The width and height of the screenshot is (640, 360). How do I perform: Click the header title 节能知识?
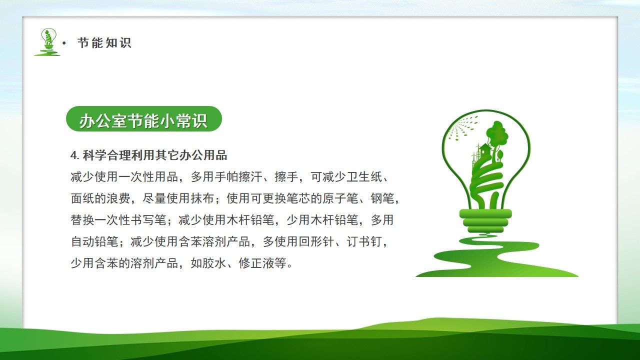click(x=104, y=43)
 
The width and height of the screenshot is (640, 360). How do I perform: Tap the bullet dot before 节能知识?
click(x=63, y=43)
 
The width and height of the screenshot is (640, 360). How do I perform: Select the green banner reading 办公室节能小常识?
click(x=143, y=119)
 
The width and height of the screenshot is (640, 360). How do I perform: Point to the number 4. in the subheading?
click(x=75, y=155)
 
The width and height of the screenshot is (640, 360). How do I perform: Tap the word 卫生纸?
click(x=364, y=177)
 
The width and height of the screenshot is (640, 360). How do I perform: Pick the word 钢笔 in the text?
click(x=382, y=198)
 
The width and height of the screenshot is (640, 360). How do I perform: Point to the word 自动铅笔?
click(x=94, y=241)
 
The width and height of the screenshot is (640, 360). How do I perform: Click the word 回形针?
click(x=316, y=241)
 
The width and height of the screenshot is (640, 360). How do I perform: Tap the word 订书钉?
click(x=364, y=241)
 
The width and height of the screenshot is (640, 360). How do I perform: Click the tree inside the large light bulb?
click(x=496, y=134)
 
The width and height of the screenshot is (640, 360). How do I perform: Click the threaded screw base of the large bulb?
click(x=485, y=220)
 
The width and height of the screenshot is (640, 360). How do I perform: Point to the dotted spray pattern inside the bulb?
click(x=461, y=127)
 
